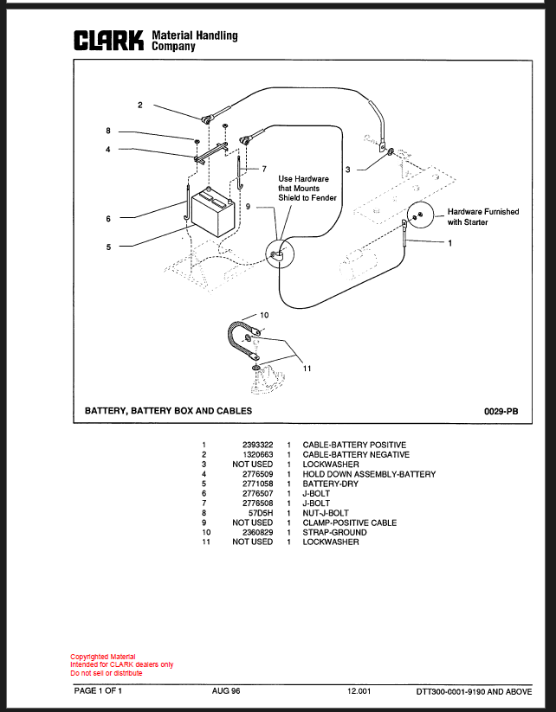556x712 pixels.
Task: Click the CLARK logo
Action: [109, 41]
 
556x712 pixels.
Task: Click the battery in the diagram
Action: [213, 213]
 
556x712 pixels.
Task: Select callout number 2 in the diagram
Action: [140, 105]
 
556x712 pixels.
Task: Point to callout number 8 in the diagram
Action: [108, 131]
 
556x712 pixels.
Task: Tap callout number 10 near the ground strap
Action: [264, 315]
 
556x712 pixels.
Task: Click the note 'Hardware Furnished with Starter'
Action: [482, 216]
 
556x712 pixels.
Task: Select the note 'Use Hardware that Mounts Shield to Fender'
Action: [307, 188]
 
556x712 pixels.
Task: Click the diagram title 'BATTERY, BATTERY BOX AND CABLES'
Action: [168, 410]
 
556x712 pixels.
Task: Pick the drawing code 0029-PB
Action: [501, 412]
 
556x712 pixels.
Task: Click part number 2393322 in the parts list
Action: [258, 445]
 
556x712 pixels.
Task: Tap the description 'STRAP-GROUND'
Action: [334, 532]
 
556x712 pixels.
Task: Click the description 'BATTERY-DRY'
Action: [331, 484]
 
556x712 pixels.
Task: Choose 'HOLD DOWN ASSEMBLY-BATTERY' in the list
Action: [369, 474]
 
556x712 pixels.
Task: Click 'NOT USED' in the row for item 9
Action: [253, 523]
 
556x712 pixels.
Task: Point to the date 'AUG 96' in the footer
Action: [226, 691]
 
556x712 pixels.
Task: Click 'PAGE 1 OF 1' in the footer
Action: [98, 691]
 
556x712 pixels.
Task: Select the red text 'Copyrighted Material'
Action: [103, 657]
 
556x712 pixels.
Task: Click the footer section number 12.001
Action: [359, 691]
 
